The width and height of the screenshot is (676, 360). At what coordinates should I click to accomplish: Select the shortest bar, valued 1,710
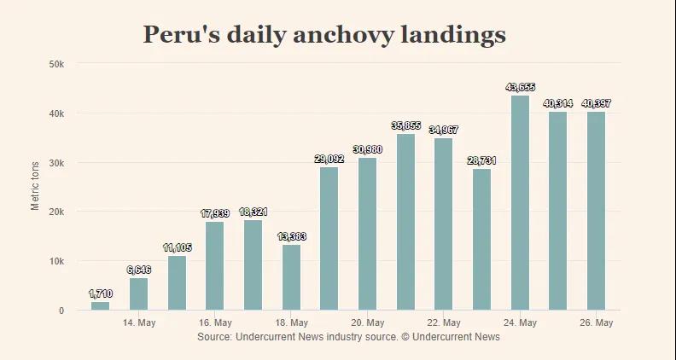[100, 305]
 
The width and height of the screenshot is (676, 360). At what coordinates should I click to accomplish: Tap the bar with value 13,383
[291, 277]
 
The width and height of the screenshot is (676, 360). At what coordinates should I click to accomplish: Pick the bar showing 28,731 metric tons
[481, 239]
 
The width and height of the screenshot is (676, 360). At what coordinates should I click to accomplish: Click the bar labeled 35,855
[405, 222]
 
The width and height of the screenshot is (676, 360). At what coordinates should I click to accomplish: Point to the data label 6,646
[138, 270]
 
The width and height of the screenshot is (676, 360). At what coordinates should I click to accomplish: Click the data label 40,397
[596, 103]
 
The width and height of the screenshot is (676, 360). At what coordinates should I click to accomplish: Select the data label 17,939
[214, 213]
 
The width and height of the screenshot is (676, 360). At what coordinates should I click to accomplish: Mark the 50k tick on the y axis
[56, 64]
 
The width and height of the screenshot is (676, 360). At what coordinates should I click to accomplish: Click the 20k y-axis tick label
[56, 212]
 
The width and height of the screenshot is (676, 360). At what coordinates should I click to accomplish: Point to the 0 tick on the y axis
[61, 311]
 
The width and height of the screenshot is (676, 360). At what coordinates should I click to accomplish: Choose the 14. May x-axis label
[139, 323]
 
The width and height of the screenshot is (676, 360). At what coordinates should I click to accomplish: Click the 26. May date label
[596, 323]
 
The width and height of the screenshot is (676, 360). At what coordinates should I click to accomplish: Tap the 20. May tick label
[367, 323]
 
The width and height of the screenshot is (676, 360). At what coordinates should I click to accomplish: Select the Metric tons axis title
[36, 186]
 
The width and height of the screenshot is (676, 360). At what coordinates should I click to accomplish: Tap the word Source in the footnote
[213, 337]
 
